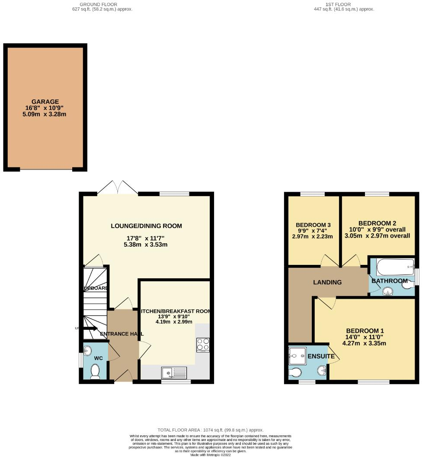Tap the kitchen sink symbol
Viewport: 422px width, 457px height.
[x=174, y=373]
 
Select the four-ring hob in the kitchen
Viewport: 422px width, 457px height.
[x=203, y=344]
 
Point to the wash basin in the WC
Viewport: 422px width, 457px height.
[x=88, y=350]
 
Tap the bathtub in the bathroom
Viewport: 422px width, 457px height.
[x=395, y=267]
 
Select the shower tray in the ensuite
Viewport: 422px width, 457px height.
[x=297, y=356]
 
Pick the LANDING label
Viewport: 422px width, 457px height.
[x=327, y=282]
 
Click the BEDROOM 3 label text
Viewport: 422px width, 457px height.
[x=313, y=225]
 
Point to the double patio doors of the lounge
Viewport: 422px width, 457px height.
[x=118, y=188]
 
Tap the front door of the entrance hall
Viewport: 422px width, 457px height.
[x=123, y=376]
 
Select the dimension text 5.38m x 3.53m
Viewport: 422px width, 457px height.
[x=146, y=245]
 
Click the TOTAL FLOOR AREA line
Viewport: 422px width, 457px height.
[x=211, y=430]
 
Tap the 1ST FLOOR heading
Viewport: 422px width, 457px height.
[x=344, y=4]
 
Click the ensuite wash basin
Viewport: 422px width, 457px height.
[x=322, y=370]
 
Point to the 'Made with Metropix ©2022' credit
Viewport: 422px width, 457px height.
[x=211, y=454]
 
